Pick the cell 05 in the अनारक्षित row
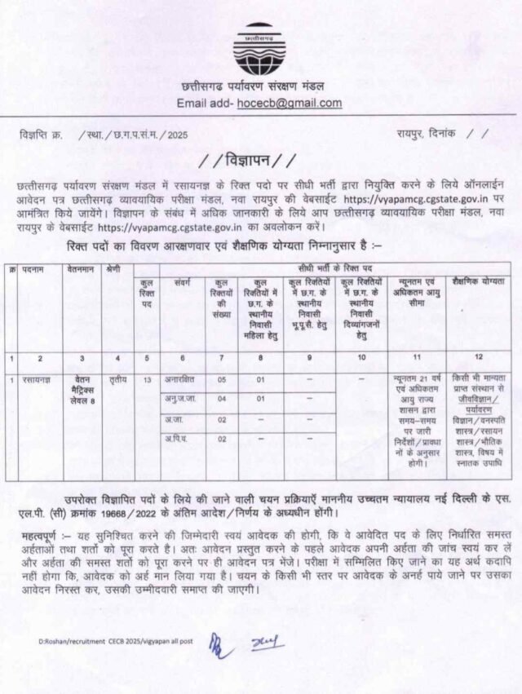click(x=221, y=380)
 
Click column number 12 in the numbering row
click(x=479, y=358)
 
